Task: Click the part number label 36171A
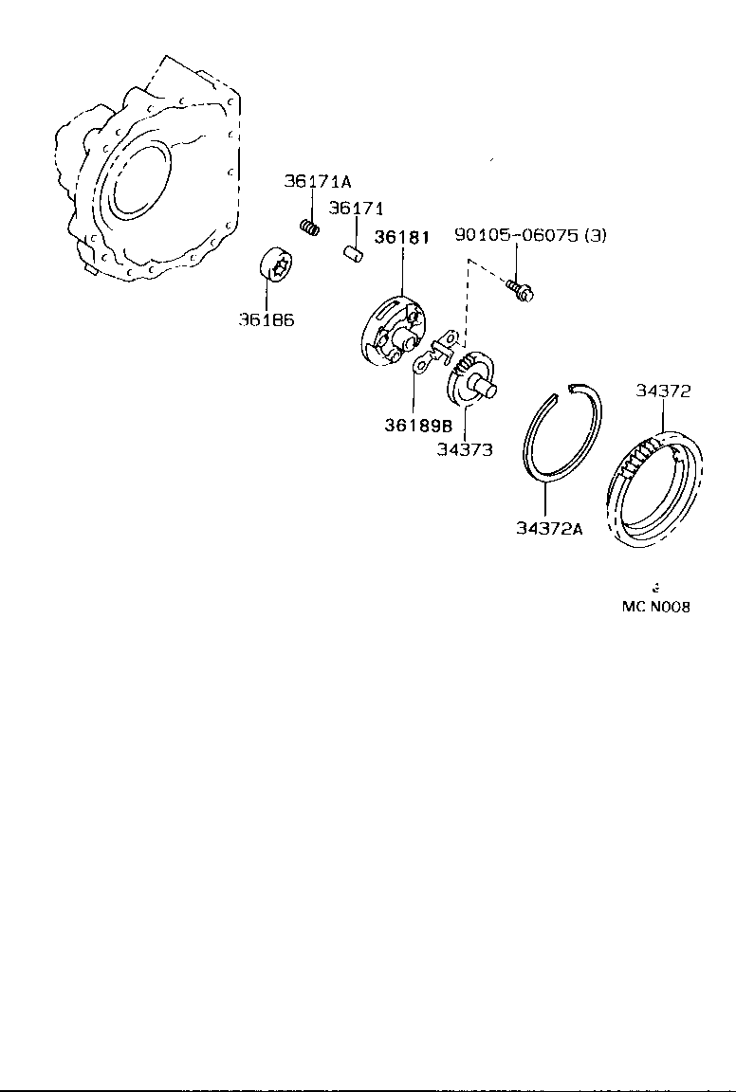[318, 181]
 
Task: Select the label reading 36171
[356, 208]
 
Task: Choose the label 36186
[266, 319]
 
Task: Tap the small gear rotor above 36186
[275, 268]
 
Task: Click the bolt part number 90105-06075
[516, 236]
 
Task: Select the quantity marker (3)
[594, 236]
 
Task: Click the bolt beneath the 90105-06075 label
[520, 289]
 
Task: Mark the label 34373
[465, 450]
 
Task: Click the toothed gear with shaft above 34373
[471, 374]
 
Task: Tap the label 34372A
[549, 528]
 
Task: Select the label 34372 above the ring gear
[663, 391]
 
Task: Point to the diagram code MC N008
[655, 607]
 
